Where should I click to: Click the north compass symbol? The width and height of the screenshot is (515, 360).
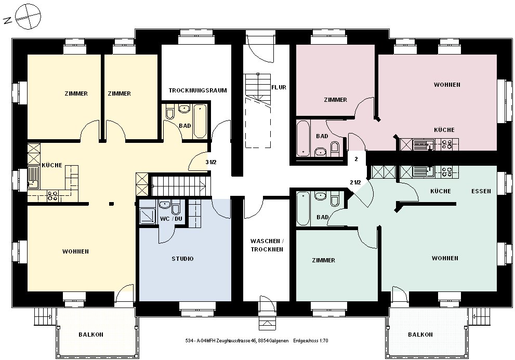pyautogui.click(x=28, y=17)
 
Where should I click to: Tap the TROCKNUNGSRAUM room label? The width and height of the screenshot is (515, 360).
pyautogui.click(x=197, y=90)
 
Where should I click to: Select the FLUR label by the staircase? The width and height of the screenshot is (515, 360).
pyautogui.click(x=279, y=87)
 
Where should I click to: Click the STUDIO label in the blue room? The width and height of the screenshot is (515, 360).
pyautogui.click(x=182, y=259)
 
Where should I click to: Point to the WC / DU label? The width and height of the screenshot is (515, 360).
pyautogui.click(x=171, y=219)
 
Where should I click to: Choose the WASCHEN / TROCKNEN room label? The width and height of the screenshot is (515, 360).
pyautogui.click(x=267, y=245)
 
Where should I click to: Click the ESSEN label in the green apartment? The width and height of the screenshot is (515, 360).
pyautogui.click(x=481, y=191)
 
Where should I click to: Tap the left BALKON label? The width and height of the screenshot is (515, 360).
pyautogui.click(x=91, y=335)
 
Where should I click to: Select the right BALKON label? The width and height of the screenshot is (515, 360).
pyautogui.click(x=420, y=335)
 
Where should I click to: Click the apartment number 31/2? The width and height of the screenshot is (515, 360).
pyautogui.click(x=211, y=162)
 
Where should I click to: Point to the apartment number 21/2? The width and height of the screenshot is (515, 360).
pyautogui.click(x=355, y=182)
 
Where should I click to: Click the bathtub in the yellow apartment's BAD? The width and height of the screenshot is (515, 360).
pyautogui.click(x=200, y=121)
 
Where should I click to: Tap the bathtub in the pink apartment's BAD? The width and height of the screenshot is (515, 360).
pyautogui.click(x=303, y=138)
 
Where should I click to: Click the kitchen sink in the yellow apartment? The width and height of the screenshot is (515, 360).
pyautogui.click(x=33, y=178)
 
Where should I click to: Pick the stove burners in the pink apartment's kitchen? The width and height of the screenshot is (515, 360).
pyautogui.click(x=447, y=144)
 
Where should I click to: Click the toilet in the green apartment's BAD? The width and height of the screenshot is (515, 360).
pyautogui.click(x=335, y=200)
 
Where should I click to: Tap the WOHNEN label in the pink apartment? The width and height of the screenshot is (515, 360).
pyautogui.click(x=447, y=85)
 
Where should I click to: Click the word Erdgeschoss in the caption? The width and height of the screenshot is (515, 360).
pyautogui.click(x=305, y=341)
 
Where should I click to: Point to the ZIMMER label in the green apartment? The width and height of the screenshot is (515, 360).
pyautogui.click(x=324, y=260)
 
